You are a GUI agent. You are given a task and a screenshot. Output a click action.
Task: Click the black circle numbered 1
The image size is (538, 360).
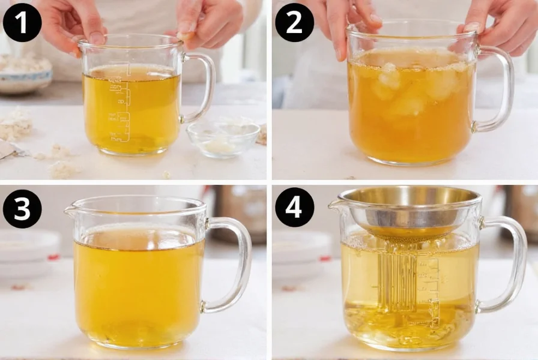pyautogui.click(x=22, y=22)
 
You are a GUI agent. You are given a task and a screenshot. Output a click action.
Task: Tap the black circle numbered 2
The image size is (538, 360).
pyautogui.click(x=295, y=22)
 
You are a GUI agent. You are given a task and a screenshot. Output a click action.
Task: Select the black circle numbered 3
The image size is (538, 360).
pyautogui.click(x=22, y=209)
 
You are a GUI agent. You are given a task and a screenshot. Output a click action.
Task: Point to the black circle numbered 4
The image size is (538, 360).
pyautogui.click(x=295, y=209)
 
